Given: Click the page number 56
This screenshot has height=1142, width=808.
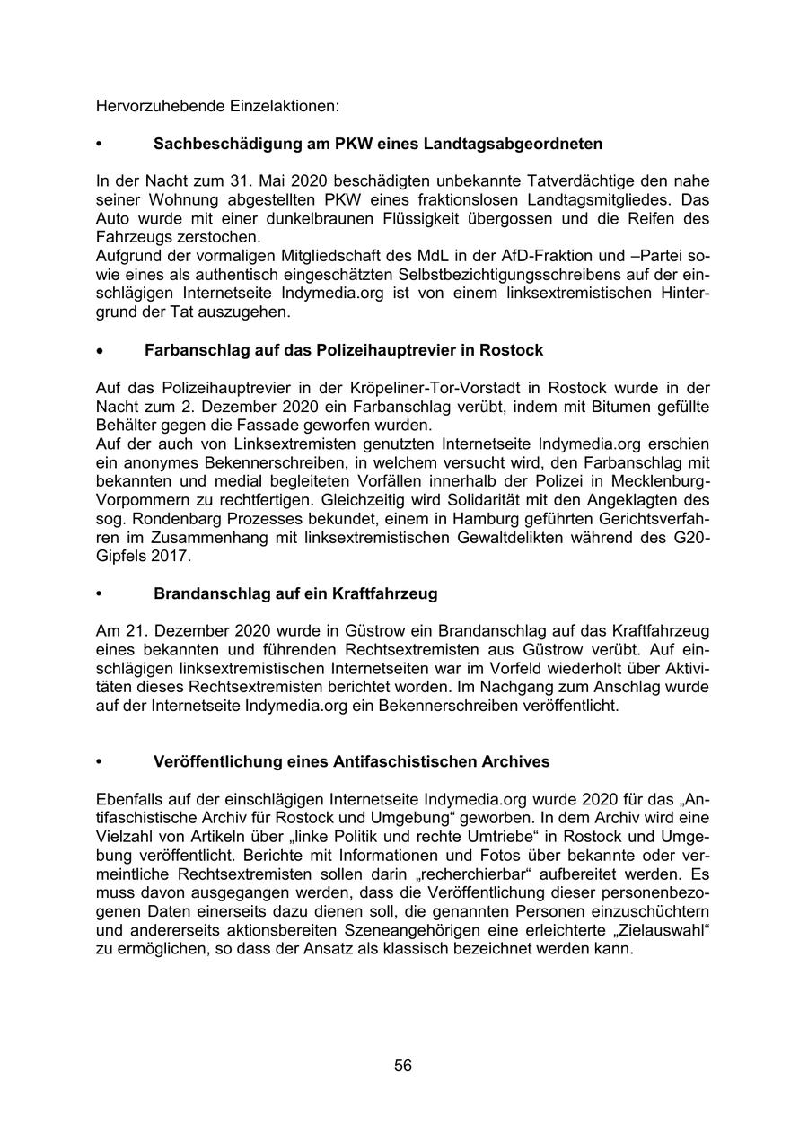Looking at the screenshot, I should [403, 1066].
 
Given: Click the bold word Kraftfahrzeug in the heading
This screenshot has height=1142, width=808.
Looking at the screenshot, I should [385, 593].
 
